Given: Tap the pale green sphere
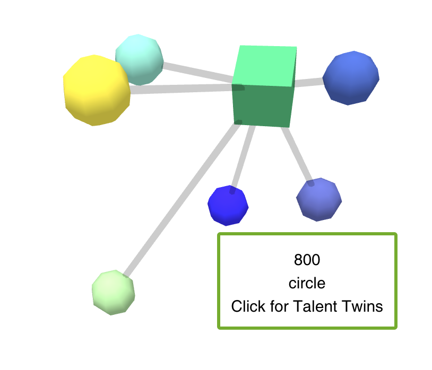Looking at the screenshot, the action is pyautogui.click(x=113, y=292).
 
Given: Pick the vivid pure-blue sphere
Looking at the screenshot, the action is pyautogui.click(x=228, y=205).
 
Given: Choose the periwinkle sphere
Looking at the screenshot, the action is pyautogui.click(x=318, y=200).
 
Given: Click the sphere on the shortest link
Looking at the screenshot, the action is pyautogui.click(x=351, y=78).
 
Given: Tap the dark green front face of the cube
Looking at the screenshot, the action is pyautogui.click(x=263, y=106).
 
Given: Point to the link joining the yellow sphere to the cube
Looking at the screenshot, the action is pyautogui.click(x=180, y=89).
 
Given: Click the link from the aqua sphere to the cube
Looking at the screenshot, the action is pyautogui.click(x=196, y=73).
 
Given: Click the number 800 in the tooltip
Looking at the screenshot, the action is pyautogui.click(x=307, y=260).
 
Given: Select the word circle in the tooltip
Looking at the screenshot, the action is pyautogui.click(x=307, y=284).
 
